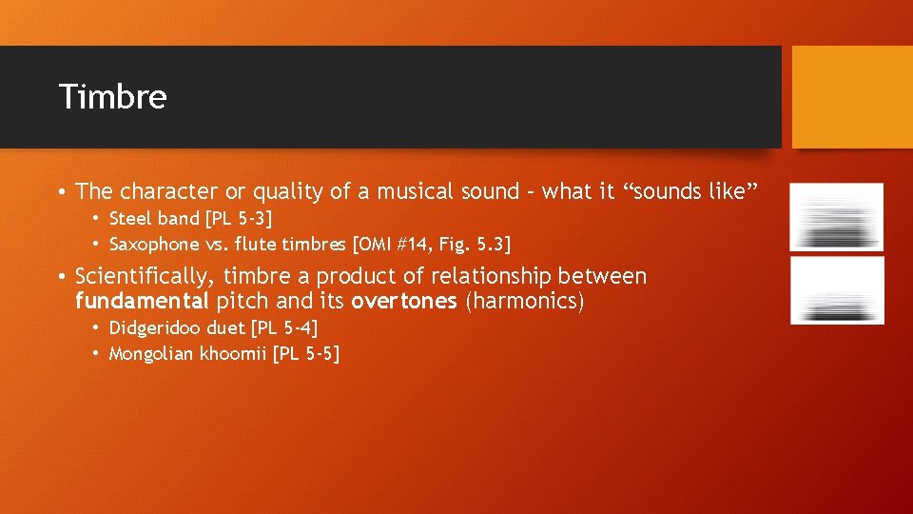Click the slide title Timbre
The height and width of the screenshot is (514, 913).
coord(112,97)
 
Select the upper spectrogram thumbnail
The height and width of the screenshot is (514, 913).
coord(837,217)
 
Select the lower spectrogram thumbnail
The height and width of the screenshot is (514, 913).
coord(837,290)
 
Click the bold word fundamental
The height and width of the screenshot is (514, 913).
coord(142,302)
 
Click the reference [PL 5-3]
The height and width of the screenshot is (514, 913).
coord(233,220)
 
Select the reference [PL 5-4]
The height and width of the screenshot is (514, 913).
coord(282,329)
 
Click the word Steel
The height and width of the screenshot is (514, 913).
coord(127,220)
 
